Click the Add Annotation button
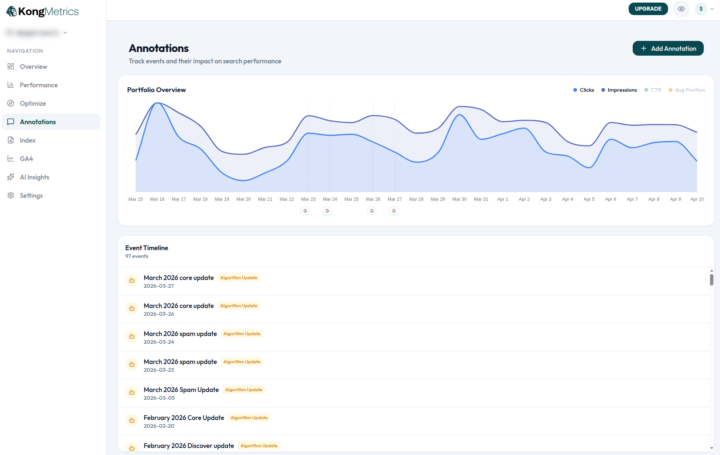(x=668, y=49)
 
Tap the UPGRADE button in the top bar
(x=648, y=9)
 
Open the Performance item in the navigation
(x=39, y=85)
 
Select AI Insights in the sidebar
(x=34, y=177)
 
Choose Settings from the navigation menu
(x=31, y=196)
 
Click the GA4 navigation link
(x=26, y=159)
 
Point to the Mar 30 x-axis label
(x=459, y=199)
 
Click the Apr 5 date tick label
(x=589, y=199)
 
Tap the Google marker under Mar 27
(x=394, y=211)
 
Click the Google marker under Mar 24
(x=327, y=211)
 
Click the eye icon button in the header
(x=681, y=9)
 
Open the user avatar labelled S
(x=701, y=9)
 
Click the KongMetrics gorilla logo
(x=12, y=12)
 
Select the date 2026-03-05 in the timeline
(x=159, y=398)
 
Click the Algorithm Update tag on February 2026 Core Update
(x=249, y=418)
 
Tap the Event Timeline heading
(x=147, y=248)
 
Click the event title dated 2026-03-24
(x=180, y=334)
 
